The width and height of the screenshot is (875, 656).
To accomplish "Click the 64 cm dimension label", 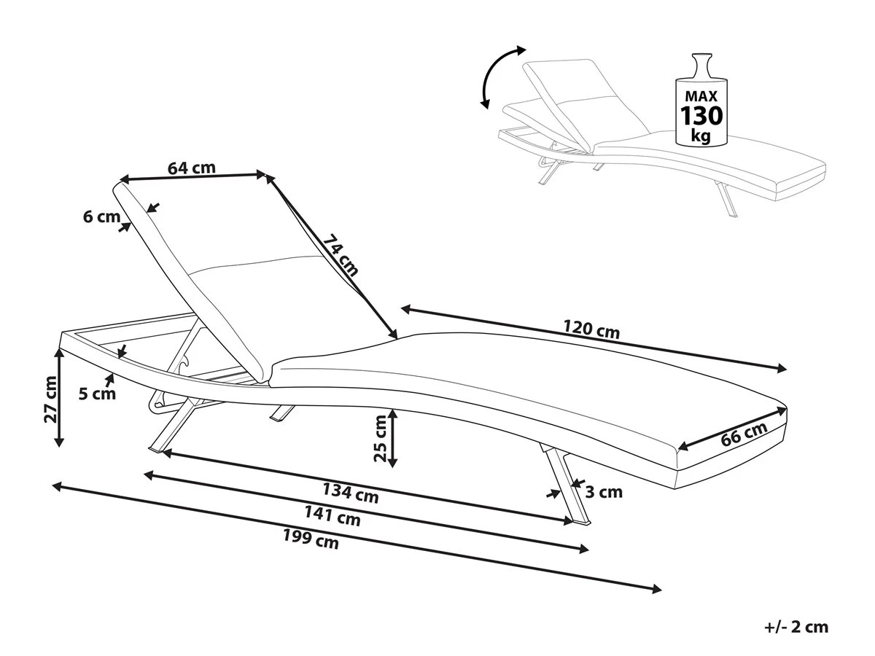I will click(192, 168).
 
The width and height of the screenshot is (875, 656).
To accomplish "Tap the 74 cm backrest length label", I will click(341, 254).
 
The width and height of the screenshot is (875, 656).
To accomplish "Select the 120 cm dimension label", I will click(593, 330).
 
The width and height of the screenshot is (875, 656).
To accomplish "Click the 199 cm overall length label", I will click(311, 540).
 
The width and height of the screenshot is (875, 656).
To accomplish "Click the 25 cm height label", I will click(379, 438).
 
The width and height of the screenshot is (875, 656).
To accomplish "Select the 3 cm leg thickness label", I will click(604, 492).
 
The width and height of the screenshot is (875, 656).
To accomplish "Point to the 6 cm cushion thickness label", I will click(101, 216).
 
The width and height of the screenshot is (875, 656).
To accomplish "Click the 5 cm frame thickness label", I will click(98, 394).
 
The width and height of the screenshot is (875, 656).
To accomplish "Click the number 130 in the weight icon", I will click(701, 115).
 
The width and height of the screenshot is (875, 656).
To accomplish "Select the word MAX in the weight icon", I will click(701, 95).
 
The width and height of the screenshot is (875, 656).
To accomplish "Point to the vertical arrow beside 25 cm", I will click(393, 438).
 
